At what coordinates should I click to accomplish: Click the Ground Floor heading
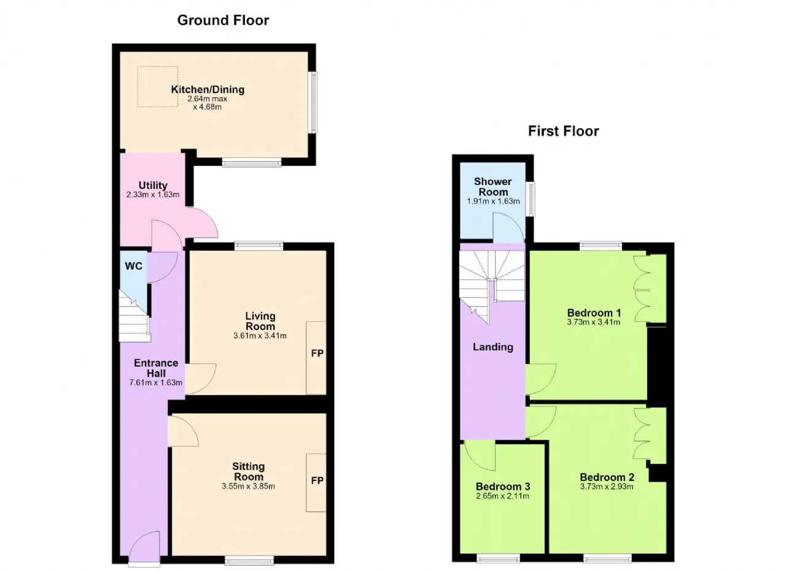[223, 20]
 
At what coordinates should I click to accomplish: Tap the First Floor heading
[564, 131]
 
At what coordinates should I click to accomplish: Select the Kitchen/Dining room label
[208, 90]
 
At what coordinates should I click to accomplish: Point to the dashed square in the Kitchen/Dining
[158, 87]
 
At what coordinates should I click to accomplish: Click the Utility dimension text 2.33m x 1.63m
[153, 195]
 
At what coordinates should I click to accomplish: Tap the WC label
[134, 266]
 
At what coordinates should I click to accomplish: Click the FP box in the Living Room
[316, 358]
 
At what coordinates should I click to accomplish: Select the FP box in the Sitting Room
[316, 482]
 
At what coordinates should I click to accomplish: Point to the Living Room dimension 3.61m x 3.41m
[260, 335]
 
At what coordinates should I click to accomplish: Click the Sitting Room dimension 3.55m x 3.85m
[249, 487]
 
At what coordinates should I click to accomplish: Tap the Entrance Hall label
[156, 368]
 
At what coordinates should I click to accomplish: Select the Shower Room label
[493, 187]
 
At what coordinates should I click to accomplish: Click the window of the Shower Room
[532, 198]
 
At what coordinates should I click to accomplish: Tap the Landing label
[493, 347]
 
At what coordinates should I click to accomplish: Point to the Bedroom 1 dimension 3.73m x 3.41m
[594, 323]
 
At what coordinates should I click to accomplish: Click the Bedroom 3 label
[503, 487]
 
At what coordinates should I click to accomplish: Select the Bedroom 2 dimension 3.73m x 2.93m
[607, 487]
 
